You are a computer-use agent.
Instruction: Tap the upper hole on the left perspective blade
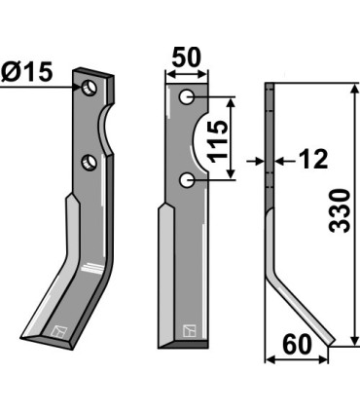tap(90, 89)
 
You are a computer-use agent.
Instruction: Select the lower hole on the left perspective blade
tap(89, 162)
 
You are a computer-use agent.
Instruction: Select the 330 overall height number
tap(338, 211)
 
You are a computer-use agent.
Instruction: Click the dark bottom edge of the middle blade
tap(181, 344)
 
